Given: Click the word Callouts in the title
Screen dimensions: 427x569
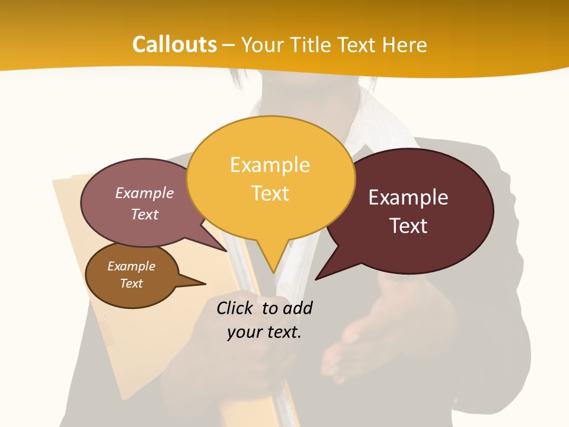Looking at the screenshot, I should coord(174,44).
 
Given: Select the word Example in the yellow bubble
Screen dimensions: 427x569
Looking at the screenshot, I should coord(270,165).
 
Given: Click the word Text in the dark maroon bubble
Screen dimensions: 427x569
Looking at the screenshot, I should coord(409,226).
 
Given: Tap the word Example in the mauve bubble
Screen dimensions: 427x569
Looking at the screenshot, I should coord(145,193).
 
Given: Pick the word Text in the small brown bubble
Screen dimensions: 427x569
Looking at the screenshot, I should coord(132,283).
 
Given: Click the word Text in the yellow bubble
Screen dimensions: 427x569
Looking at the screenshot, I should coord(270,193).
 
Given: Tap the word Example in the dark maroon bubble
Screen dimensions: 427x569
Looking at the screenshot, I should coord(408,197).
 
